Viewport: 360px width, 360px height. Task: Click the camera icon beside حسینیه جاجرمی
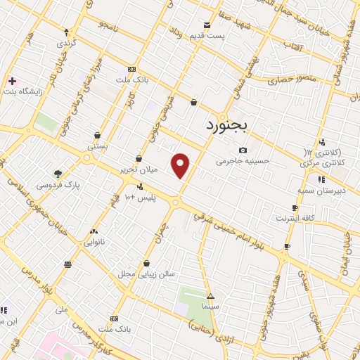(x=243, y=150)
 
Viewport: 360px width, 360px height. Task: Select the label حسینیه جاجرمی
(x=243, y=161)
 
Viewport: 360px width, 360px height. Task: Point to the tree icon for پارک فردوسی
(x=58, y=174)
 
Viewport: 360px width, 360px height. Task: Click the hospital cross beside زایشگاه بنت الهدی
(x=12, y=81)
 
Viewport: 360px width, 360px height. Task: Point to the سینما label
(x=210, y=307)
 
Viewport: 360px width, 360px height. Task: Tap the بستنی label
(x=97, y=146)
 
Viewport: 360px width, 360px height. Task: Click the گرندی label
(x=66, y=42)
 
